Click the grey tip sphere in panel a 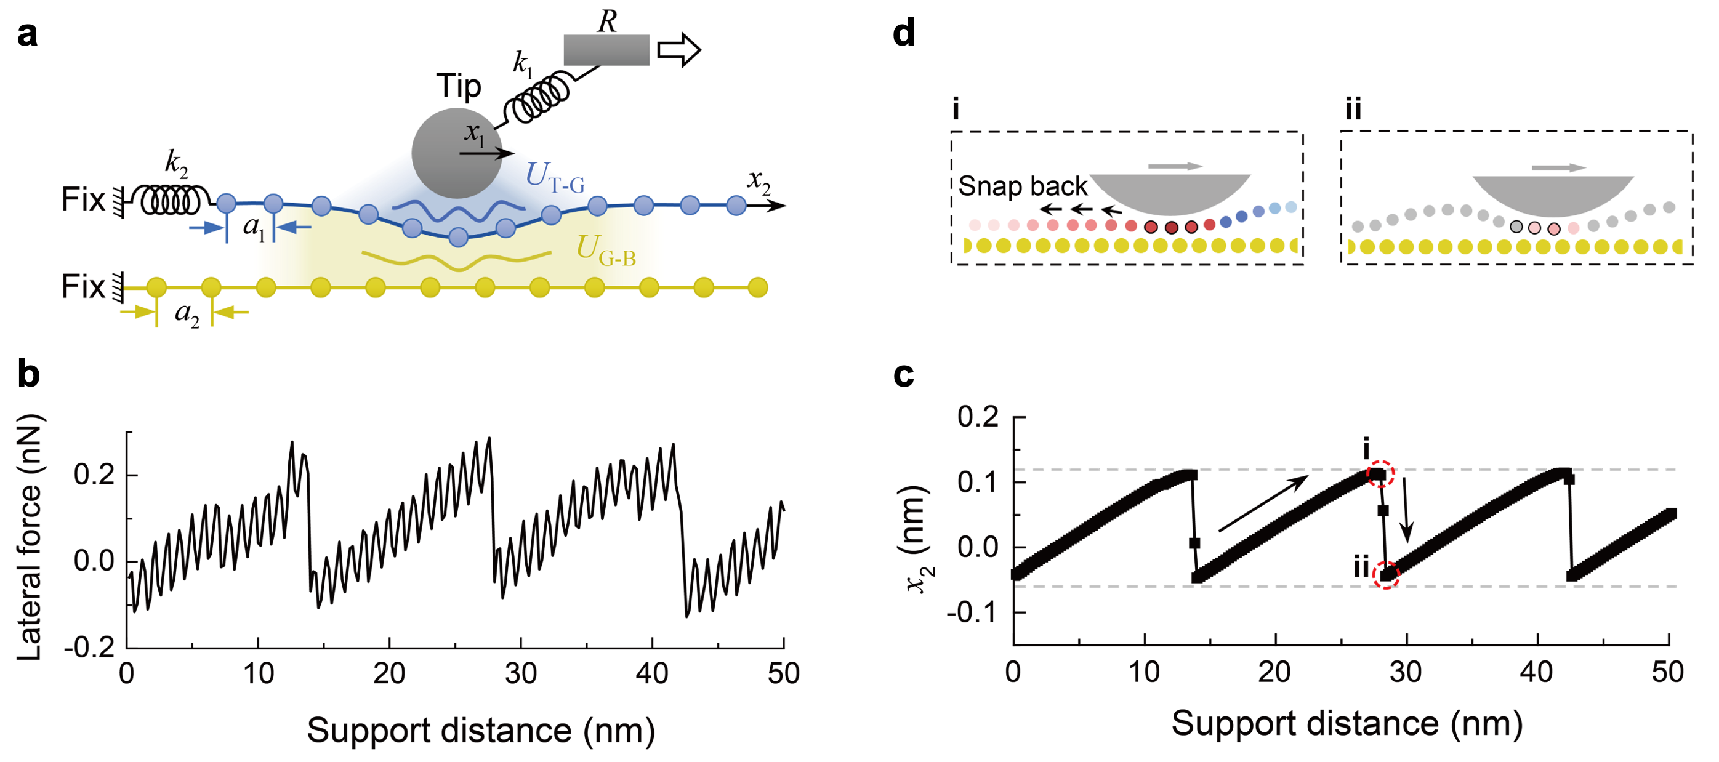[x=456, y=153]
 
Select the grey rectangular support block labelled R [x=606, y=50]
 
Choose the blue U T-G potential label [x=555, y=177]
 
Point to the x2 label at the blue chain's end [x=759, y=180]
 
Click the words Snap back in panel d [x=1022, y=186]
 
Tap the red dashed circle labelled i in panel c [x=1380, y=475]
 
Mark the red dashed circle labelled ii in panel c [x=1386, y=574]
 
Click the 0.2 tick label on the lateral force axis [x=94, y=475]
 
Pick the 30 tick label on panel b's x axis [x=520, y=674]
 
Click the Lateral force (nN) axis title [x=31, y=537]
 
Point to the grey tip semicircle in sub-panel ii [x=1553, y=193]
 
